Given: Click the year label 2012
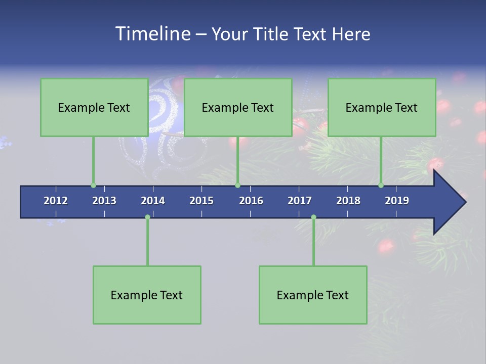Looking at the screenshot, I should tap(56, 201).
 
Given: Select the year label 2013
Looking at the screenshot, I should tap(104, 201).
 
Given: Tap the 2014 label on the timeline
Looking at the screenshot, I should tap(153, 201).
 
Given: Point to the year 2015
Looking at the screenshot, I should tap(201, 201).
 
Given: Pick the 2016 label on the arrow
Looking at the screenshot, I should tap(251, 201).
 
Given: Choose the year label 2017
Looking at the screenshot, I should tap(300, 201).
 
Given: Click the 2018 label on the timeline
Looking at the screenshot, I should tap(348, 201).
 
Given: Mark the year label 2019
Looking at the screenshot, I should tap(397, 201).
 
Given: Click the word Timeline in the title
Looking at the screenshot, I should tap(152, 34).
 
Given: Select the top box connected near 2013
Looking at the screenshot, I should tap(94, 107).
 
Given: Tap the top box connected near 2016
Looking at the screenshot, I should tap(238, 107).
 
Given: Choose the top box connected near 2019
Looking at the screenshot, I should tap(382, 107).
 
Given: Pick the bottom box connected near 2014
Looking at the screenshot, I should tap(147, 295).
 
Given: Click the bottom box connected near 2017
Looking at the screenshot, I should tap(313, 295).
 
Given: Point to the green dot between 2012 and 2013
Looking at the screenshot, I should tap(93, 186).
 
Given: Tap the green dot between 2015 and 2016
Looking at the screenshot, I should tap(237, 186).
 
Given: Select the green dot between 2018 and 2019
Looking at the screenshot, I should tap(381, 186).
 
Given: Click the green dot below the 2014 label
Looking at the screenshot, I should tap(147, 217).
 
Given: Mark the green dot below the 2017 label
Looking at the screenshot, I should tap(313, 217).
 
